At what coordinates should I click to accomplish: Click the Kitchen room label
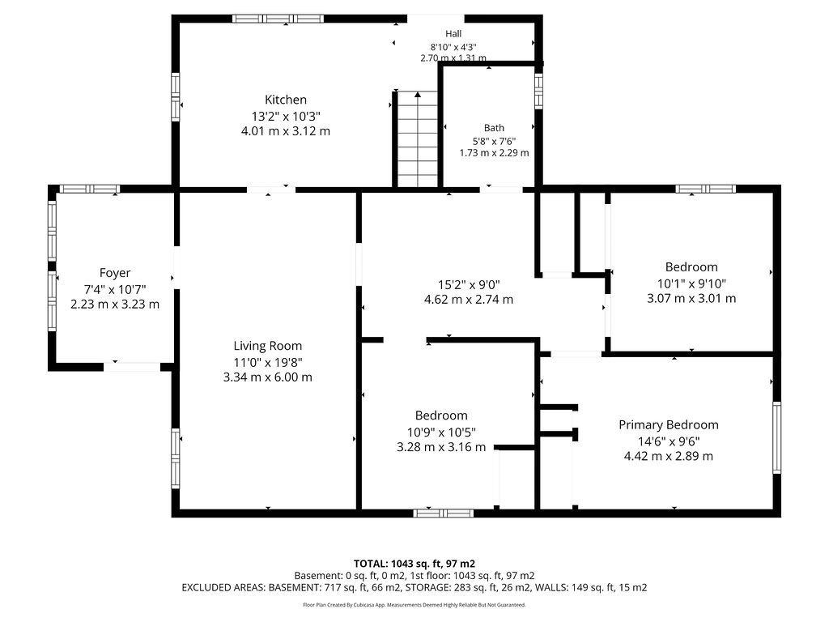(286, 100)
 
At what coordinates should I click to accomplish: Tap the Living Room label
(268, 346)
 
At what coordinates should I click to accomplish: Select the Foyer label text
(115, 273)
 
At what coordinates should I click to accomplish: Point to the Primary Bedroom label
(668, 424)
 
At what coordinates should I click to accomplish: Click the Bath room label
(494, 128)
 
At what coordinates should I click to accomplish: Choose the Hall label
(453, 34)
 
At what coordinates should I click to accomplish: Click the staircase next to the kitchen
(418, 139)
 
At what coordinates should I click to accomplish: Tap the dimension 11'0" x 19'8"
(268, 362)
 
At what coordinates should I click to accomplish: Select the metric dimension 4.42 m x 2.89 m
(668, 456)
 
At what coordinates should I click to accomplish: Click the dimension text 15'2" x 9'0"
(469, 284)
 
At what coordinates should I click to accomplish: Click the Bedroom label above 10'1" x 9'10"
(691, 267)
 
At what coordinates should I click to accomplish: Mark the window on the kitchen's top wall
(278, 19)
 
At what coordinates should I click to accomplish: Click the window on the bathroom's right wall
(538, 91)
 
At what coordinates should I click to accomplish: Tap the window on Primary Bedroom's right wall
(776, 437)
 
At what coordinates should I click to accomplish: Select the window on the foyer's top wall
(90, 189)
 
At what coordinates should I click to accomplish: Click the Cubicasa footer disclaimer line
(414, 604)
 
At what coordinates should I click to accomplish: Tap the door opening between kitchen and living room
(271, 190)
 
